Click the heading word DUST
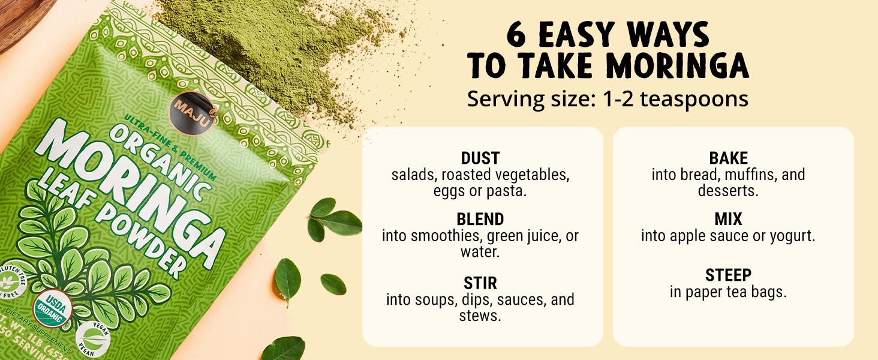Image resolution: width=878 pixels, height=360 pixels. [x=480, y=158]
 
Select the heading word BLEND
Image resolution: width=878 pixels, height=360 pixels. [x=480, y=219]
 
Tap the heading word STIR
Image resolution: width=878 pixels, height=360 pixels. [x=480, y=283]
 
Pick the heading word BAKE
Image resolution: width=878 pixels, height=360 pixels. [x=728, y=158]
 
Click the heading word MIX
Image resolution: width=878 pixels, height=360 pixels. [x=728, y=219]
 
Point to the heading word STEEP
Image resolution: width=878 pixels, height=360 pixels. [x=728, y=275]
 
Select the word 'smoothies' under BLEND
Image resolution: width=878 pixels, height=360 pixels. [x=444, y=236]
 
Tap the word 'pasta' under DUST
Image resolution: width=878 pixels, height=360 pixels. [x=510, y=192]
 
